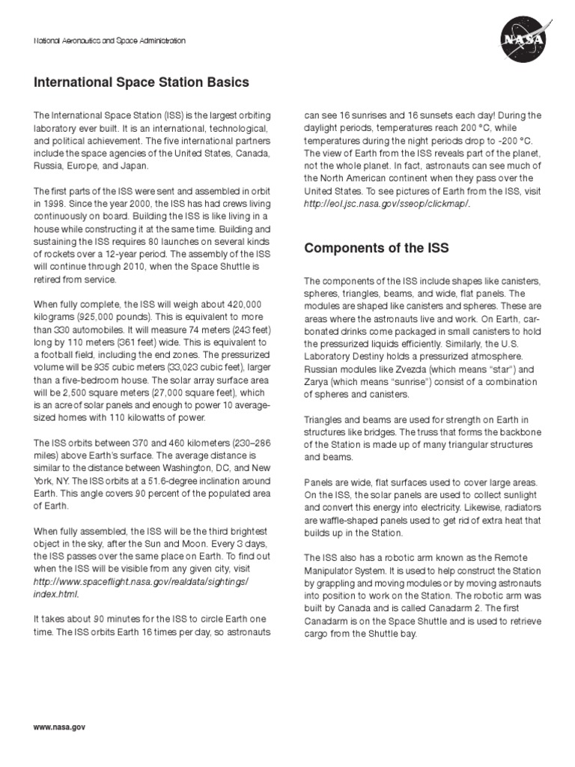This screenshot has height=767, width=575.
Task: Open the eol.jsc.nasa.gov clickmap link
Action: coord(389,204)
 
